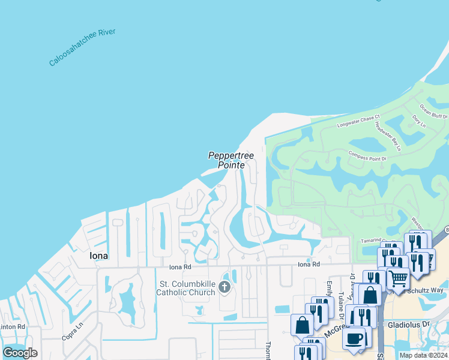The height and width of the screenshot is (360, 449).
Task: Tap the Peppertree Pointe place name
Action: pos(231,160)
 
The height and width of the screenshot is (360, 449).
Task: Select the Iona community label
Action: pos(98,256)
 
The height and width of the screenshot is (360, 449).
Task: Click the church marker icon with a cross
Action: pos(225,287)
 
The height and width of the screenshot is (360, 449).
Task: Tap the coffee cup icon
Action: pos(355,338)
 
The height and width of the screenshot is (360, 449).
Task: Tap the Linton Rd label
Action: pos(13,326)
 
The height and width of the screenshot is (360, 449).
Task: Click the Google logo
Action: pos(20,353)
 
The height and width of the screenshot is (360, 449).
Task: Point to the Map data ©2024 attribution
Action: pos(423,355)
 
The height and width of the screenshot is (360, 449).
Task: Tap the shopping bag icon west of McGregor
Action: pos(302,325)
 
